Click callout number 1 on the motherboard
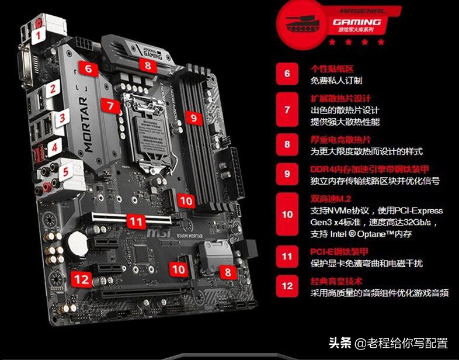click(39, 35)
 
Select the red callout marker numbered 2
click(53, 89)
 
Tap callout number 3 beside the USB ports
click(61, 118)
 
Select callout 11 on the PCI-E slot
click(135, 221)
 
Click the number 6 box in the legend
click(287, 74)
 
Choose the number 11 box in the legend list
click(287, 256)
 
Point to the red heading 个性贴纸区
click(332, 69)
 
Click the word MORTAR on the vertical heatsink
click(88, 125)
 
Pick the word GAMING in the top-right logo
click(357, 22)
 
